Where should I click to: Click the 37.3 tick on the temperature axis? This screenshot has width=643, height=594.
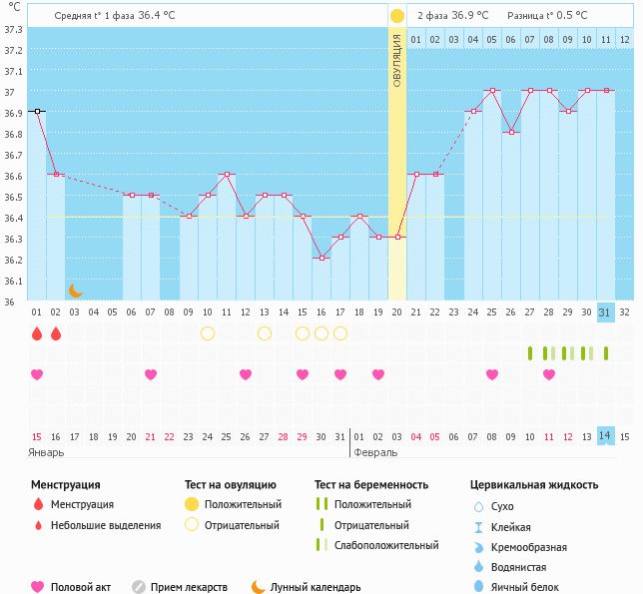pyautogui.click(x=13, y=29)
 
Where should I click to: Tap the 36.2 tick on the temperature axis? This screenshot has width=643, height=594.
pyautogui.click(x=13, y=260)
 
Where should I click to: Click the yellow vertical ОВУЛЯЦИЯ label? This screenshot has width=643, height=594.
pyautogui.click(x=396, y=60)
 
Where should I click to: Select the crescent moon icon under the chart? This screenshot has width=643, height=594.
pyautogui.click(x=75, y=291)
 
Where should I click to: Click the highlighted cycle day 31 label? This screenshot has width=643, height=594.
pyautogui.click(x=605, y=311)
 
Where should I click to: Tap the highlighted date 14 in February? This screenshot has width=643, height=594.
pyautogui.click(x=605, y=435)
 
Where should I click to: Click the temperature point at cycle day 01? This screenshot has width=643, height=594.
pyautogui.click(x=37, y=112)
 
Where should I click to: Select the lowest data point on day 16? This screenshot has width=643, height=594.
pyautogui.click(x=321, y=259)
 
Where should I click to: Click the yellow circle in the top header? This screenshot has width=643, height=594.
pyautogui.click(x=397, y=16)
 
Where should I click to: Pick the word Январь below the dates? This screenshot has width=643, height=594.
pyautogui.click(x=47, y=452)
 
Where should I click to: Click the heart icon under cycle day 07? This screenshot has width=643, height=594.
pyautogui.click(x=151, y=374)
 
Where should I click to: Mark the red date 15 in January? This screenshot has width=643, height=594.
pyautogui.click(x=37, y=436)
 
